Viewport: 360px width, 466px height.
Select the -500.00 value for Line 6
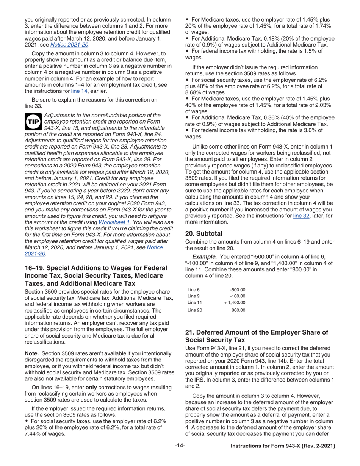[x=238, y=290]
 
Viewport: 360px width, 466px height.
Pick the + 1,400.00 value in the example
[x=235, y=303]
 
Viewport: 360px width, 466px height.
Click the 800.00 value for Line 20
[x=238, y=310]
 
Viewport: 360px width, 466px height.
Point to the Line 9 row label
[x=193, y=296]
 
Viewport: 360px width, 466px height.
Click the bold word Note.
[x=31, y=353]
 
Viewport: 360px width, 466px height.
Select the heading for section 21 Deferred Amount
[x=257, y=336]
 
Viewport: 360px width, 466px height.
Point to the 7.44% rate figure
[x=33, y=434]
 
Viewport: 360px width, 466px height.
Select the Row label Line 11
[x=194, y=303]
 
